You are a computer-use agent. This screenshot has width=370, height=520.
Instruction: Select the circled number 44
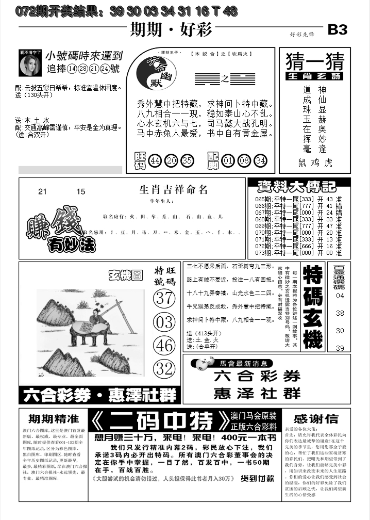tap(155, 160)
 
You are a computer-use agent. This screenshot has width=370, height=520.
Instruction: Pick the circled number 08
tap(244, 160)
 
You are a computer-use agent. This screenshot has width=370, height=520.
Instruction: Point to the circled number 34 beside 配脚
tap(261, 160)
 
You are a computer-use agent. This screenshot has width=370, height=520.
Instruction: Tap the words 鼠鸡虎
tap(315, 163)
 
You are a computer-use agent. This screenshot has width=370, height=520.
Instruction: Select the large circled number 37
tap(165, 298)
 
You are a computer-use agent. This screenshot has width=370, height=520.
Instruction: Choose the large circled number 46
tap(165, 345)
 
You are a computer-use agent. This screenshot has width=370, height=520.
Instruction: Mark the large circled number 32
tap(165, 368)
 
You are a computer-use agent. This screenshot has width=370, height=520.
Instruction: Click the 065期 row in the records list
tap(298, 200)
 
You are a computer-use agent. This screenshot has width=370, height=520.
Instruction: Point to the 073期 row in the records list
tap(298, 253)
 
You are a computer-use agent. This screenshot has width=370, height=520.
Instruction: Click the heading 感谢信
tap(316, 419)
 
